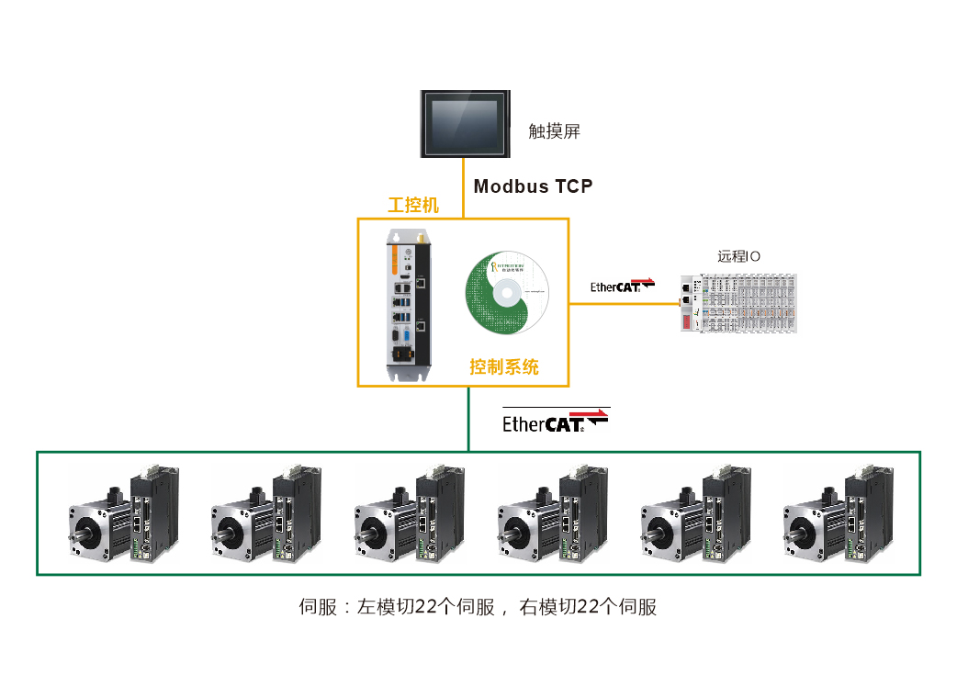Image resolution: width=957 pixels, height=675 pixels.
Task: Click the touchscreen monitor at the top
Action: pos(464,124)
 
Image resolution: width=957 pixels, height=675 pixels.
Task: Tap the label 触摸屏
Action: pos(555,131)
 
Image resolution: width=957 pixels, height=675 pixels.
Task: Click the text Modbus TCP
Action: pos(533,186)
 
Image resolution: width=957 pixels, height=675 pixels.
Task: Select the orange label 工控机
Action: pos(413,205)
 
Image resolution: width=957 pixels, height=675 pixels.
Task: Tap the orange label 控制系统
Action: pos(504,367)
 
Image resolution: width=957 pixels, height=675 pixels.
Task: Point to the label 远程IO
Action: pos(739,256)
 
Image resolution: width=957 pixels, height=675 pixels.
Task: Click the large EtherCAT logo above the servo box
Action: pos(556,421)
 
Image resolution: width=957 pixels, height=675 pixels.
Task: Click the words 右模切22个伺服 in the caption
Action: pos(589,607)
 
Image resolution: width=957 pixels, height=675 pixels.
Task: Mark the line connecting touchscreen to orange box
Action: pos(464,188)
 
